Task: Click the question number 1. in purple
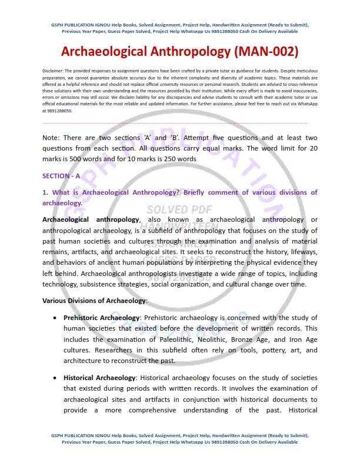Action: tap(45, 192)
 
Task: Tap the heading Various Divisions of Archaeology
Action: tap(94, 301)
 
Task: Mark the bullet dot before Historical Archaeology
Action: tap(55, 377)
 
